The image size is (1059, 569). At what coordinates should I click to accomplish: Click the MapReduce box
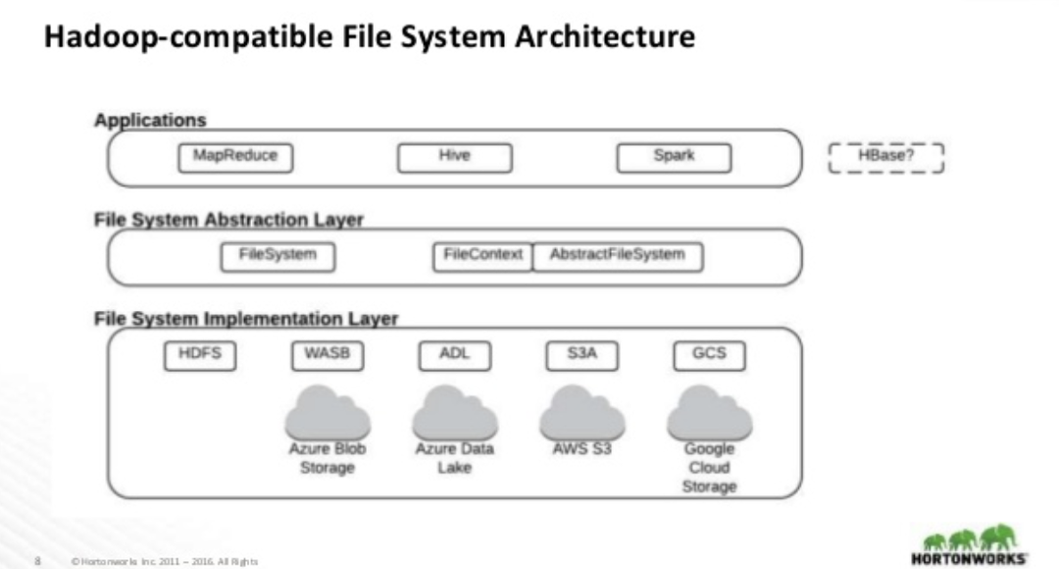coord(235,157)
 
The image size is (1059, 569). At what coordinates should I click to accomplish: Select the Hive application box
coord(454,157)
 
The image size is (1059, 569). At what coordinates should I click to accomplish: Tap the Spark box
coord(674,157)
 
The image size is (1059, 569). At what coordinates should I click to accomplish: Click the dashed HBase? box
coord(885,157)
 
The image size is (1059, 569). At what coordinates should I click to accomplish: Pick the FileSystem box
coord(277,256)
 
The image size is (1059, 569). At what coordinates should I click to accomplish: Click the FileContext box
coord(482,256)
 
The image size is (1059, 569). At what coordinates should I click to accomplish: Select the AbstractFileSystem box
coord(617,256)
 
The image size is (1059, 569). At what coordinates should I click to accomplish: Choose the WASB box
coord(327,355)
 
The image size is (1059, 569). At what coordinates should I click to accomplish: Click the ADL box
coord(454,355)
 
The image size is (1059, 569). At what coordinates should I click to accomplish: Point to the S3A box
coord(581,355)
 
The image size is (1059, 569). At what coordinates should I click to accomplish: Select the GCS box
coord(709,355)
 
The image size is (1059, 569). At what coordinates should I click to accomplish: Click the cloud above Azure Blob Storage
coord(327,413)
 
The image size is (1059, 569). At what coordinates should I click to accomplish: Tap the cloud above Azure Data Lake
coord(454,413)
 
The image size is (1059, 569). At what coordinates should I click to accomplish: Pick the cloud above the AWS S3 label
coord(581,413)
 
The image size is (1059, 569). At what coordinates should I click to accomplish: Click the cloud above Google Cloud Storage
coord(709,413)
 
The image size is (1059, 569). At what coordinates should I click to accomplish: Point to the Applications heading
coord(150,121)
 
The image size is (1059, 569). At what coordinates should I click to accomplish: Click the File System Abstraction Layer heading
coord(228,220)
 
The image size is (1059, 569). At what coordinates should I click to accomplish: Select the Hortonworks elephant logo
coord(970,539)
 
